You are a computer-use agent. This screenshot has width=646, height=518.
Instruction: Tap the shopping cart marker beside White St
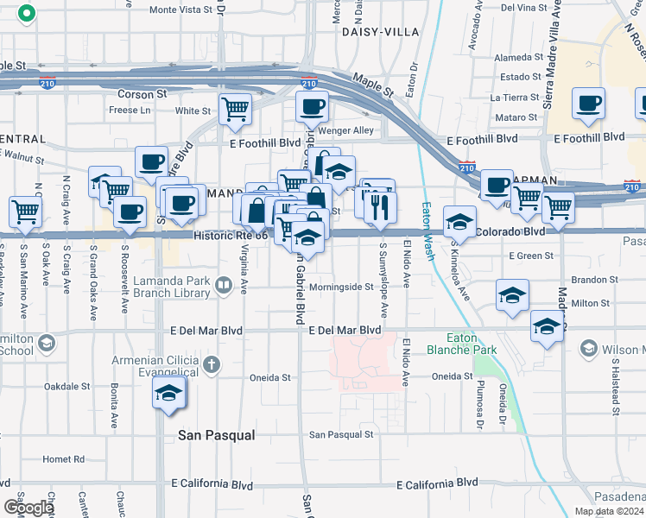(x=234, y=110)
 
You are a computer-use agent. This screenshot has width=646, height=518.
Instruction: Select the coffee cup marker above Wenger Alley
(x=311, y=108)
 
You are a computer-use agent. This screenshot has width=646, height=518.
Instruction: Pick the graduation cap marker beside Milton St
(x=512, y=295)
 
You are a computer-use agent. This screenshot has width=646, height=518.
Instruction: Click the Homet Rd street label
(x=63, y=459)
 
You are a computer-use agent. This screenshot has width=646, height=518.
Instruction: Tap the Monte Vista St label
(x=180, y=10)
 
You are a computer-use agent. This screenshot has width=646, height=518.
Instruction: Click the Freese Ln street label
(x=130, y=111)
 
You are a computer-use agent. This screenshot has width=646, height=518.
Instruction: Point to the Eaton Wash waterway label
(x=427, y=227)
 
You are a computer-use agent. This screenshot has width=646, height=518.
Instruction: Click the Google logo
(x=28, y=508)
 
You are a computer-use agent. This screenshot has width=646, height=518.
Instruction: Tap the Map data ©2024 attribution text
(x=609, y=511)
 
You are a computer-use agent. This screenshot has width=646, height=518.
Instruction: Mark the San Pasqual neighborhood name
(x=216, y=436)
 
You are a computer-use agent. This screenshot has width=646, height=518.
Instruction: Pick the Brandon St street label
(x=590, y=281)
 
